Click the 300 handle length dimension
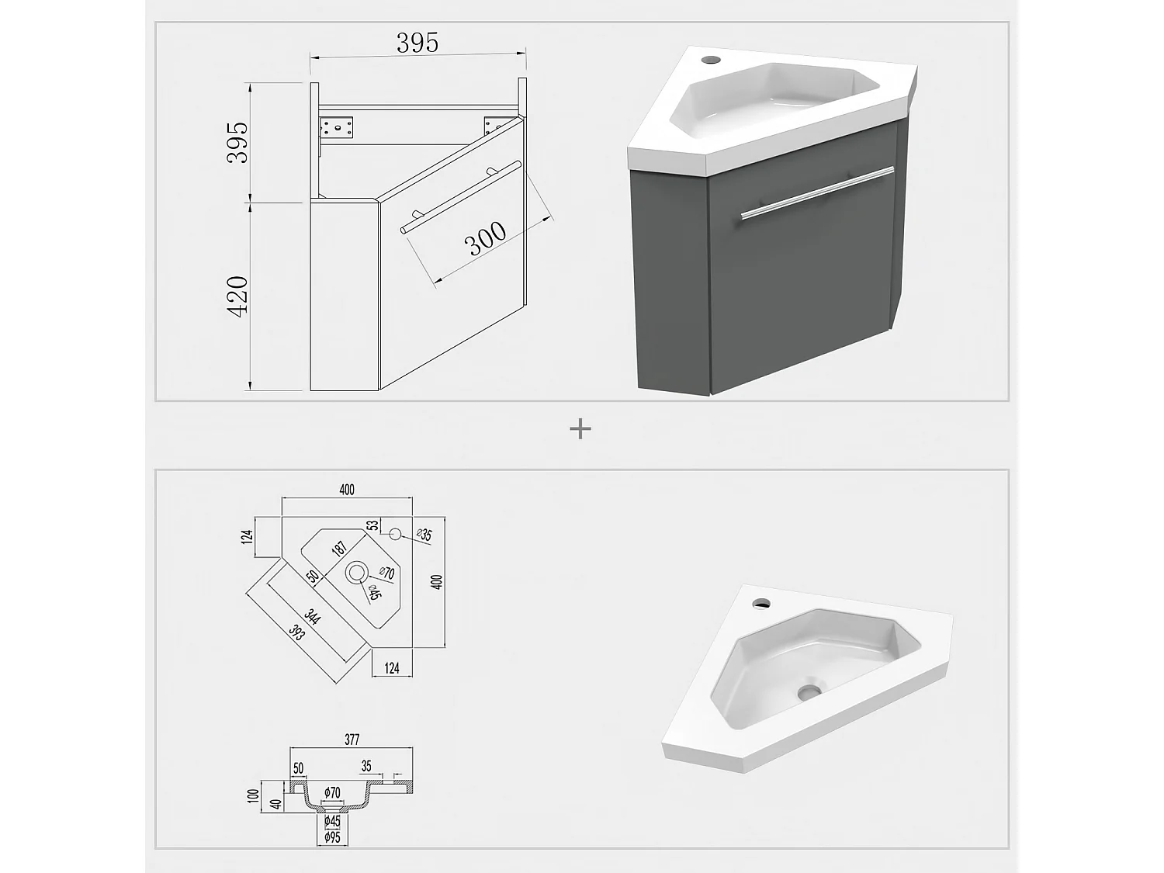click(x=486, y=238)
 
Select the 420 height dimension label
click(x=237, y=296)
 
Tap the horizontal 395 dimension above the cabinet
click(x=417, y=43)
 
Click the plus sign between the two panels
click(x=580, y=428)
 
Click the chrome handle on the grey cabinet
click(x=816, y=192)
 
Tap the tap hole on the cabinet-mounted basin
click(x=708, y=58)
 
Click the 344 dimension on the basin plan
click(x=312, y=617)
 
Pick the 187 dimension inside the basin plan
click(x=339, y=548)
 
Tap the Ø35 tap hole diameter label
click(x=424, y=535)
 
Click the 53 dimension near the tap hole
click(x=373, y=525)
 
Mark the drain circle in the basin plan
click(x=357, y=573)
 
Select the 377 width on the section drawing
click(x=352, y=740)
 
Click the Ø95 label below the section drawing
click(x=332, y=837)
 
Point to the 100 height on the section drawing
click(x=252, y=795)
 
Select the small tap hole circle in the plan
click(x=394, y=534)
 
